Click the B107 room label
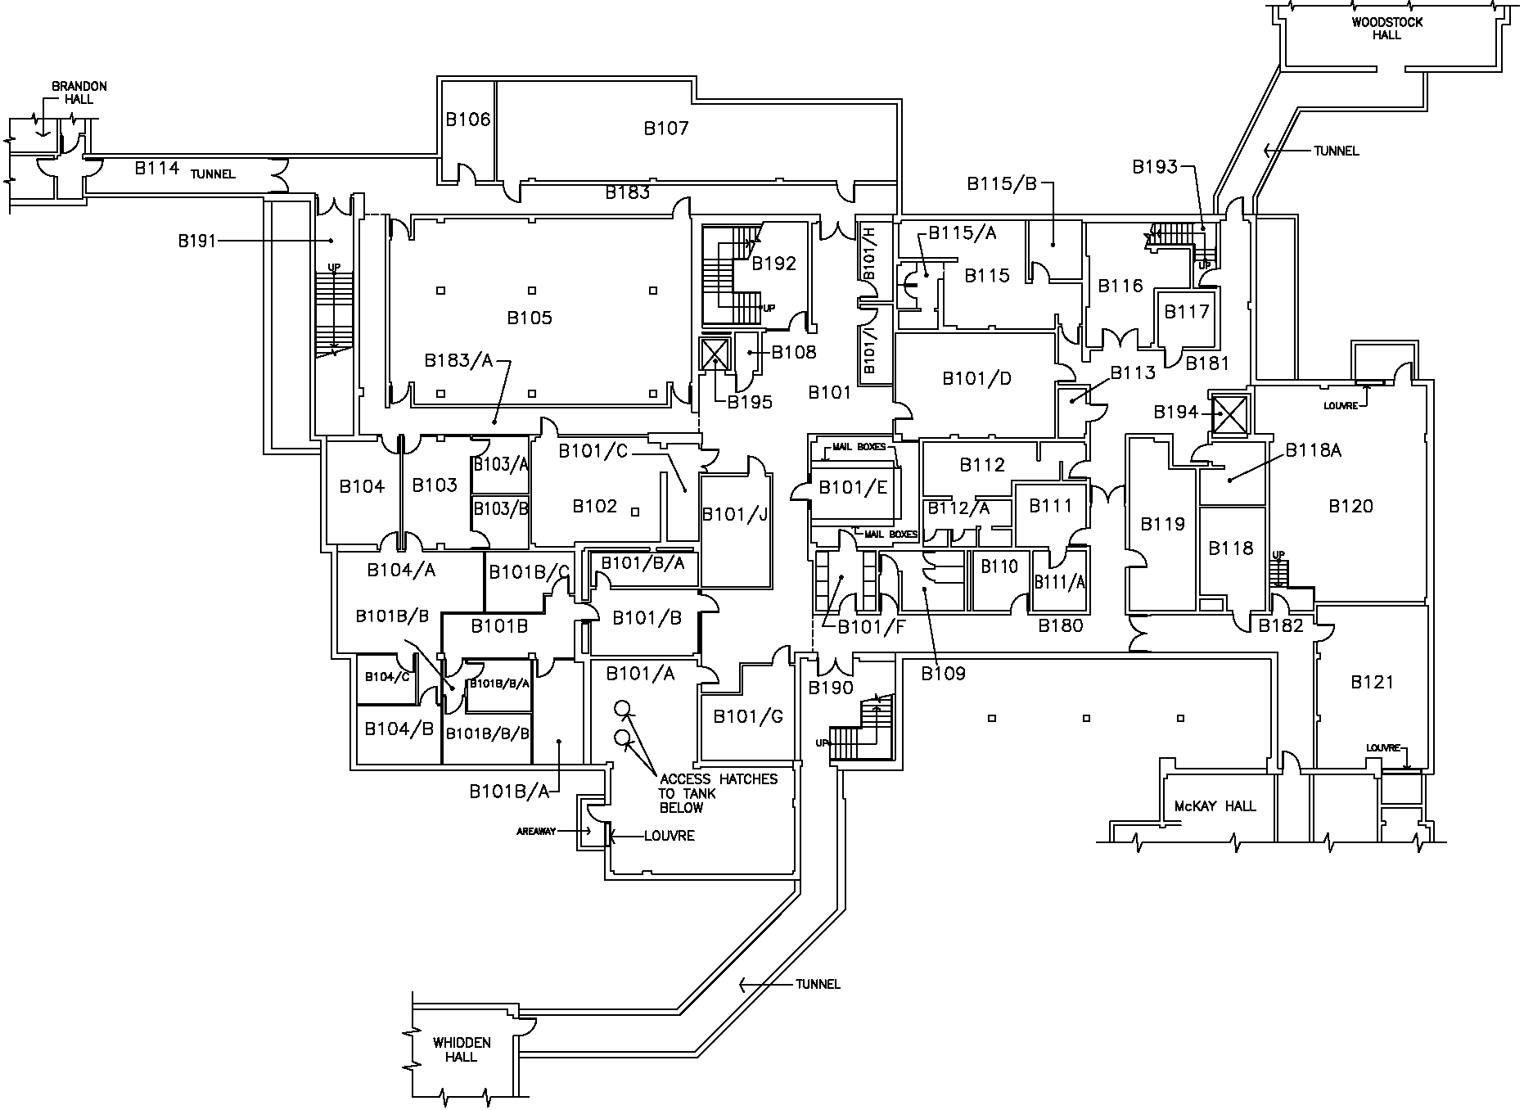click(665, 129)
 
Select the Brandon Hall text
click(79, 92)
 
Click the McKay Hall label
click(1215, 806)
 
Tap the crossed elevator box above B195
click(715, 354)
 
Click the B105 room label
click(530, 318)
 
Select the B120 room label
click(1350, 506)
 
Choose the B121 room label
click(1372, 682)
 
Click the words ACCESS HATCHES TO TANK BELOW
click(718, 793)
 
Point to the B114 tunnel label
click(156, 169)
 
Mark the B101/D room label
click(976, 378)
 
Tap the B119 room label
click(1162, 524)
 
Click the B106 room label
click(467, 120)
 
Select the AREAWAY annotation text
click(536, 832)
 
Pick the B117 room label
click(1186, 312)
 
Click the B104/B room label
click(399, 729)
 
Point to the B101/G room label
click(748, 717)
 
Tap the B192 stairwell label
click(773, 264)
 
